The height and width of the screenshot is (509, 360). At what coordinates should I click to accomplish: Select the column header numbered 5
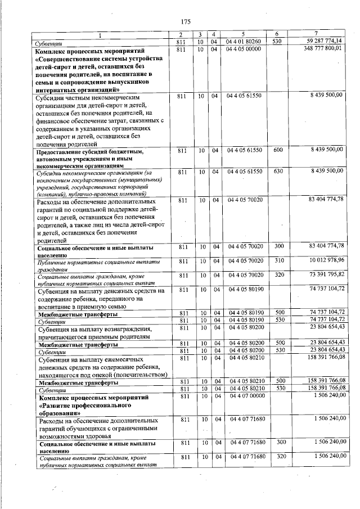[243, 36]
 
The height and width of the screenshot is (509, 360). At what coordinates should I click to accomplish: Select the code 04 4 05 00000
[243, 50]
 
